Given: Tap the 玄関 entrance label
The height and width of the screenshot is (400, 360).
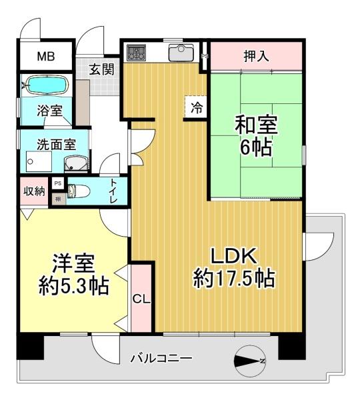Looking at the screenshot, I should coord(103,68).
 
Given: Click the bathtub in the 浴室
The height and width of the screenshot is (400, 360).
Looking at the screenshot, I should coord(45,86).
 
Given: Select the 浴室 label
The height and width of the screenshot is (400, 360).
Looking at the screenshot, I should coord(50,111).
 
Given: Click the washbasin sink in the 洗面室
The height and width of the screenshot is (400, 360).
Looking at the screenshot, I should coord(75,163).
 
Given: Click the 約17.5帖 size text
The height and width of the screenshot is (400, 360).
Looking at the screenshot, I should coord(235,278).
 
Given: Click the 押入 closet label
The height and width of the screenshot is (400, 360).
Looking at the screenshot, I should coord(255,56).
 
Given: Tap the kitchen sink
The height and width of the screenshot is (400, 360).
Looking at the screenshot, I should coord(180,52).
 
